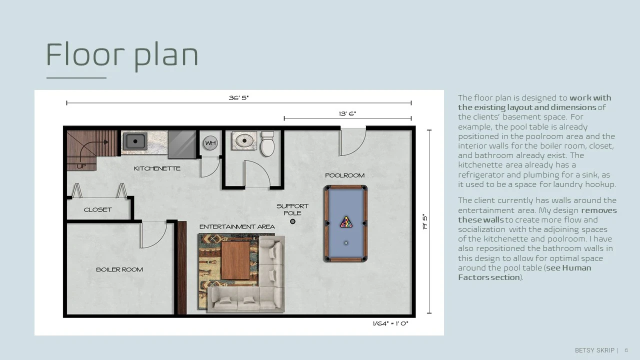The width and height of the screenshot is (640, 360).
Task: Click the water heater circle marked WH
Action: (x=210, y=143)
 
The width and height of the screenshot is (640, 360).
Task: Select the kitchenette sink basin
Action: (x=135, y=141)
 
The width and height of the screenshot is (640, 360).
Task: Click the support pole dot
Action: (x=292, y=221)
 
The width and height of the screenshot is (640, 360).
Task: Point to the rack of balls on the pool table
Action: (x=346, y=222)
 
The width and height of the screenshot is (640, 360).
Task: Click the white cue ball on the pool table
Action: (x=346, y=243)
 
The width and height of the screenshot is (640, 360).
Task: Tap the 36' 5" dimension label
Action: (x=239, y=97)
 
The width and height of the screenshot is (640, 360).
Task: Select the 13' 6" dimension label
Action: (x=347, y=113)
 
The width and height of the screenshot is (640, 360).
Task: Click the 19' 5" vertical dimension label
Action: (x=425, y=221)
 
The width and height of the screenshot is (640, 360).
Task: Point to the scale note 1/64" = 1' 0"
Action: (x=390, y=323)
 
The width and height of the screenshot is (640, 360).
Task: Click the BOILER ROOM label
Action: (x=119, y=269)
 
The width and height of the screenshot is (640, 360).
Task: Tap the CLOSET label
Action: (x=97, y=209)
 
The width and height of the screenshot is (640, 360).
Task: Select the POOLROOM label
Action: (x=345, y=175)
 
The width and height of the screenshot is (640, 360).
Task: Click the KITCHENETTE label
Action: (x=157, y=168)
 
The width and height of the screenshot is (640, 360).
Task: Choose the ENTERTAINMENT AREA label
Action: (x=237, y=227)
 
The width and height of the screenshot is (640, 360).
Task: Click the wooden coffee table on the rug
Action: (x=235, y=260)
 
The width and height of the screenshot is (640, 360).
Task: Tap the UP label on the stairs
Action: (x=81, y=166)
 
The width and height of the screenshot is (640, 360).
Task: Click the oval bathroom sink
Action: (x=244, y=140)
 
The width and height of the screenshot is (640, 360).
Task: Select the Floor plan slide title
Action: (x=122, y=55)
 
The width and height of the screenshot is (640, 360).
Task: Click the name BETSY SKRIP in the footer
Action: (x=594, y=350)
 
